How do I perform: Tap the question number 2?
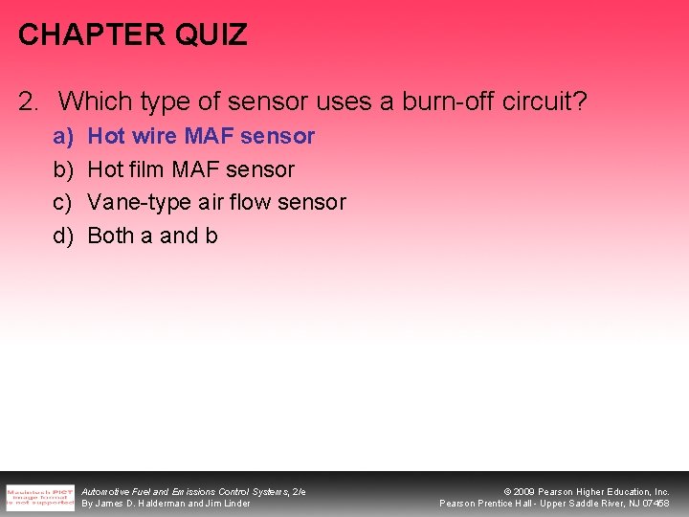pyautogui.click(x=29, y=100)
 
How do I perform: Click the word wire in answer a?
pyautogui.click(x=146, y=136)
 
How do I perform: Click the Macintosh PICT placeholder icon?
pyautogui.click(x=39, y=497)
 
